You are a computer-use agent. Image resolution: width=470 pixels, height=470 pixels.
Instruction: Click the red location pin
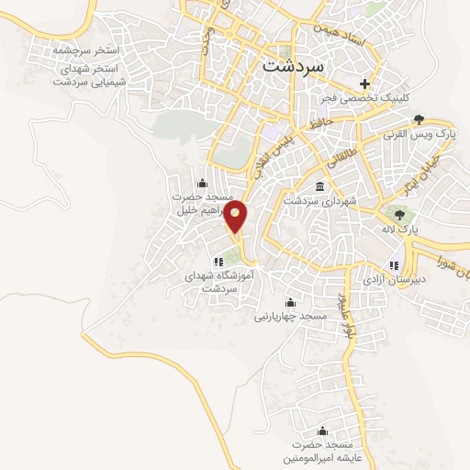click(237, 217)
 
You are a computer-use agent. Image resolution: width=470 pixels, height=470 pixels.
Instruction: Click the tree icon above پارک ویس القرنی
click(419, 118)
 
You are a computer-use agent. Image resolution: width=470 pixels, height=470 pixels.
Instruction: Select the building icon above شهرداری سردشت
click(319, 186)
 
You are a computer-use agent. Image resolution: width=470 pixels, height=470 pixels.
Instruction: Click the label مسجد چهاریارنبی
click(291, 316)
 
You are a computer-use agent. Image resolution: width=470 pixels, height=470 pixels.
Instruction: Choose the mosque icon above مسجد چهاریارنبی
click(291, 302)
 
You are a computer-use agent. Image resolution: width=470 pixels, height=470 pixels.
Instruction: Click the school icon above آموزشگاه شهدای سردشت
click(218, 263)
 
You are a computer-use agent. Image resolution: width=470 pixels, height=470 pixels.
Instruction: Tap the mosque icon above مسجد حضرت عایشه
click(321, 431)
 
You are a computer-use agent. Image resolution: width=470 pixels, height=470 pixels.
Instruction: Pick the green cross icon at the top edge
click(367, 7)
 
